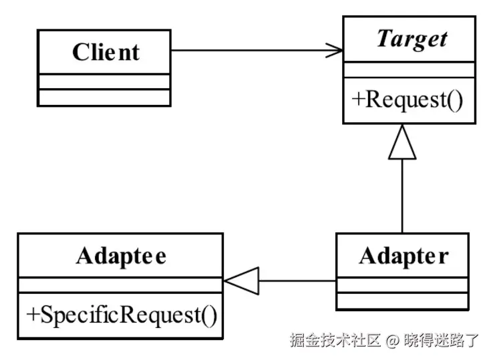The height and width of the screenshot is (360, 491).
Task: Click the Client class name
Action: [105, 52]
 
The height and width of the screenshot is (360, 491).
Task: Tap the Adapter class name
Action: [403, 255]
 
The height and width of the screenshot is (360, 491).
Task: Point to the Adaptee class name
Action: [121, 255]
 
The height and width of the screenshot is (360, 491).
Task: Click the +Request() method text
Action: [406, 100]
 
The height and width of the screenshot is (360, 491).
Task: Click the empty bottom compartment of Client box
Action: [104, 98]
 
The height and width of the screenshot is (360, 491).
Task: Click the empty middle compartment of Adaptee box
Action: [120, 286]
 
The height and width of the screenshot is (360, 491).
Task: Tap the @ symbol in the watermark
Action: [392, 340]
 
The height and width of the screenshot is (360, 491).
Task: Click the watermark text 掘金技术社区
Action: [335, 340]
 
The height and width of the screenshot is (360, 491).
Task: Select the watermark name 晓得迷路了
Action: [442, 340]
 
